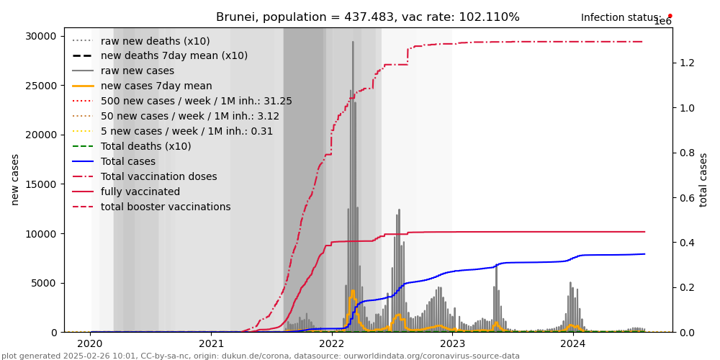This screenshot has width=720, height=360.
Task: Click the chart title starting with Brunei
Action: tap(367, 17)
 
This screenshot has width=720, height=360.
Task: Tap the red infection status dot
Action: tap(670, 15)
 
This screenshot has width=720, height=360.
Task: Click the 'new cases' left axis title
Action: tap(15, 179)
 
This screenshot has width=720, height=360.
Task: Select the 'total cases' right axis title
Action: tap(703, 179)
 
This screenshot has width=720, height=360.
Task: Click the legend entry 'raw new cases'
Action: tap(138, 71)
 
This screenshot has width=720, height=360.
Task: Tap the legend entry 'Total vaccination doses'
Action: tap(158, 176)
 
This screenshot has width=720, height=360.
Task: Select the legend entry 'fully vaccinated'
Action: tap(140, 192)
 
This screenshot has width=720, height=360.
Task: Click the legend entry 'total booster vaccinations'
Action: tap(166, 207)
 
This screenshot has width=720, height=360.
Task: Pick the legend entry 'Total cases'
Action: tap(128, 161)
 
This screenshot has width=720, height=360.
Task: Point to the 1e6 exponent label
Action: tap(662, 22)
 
